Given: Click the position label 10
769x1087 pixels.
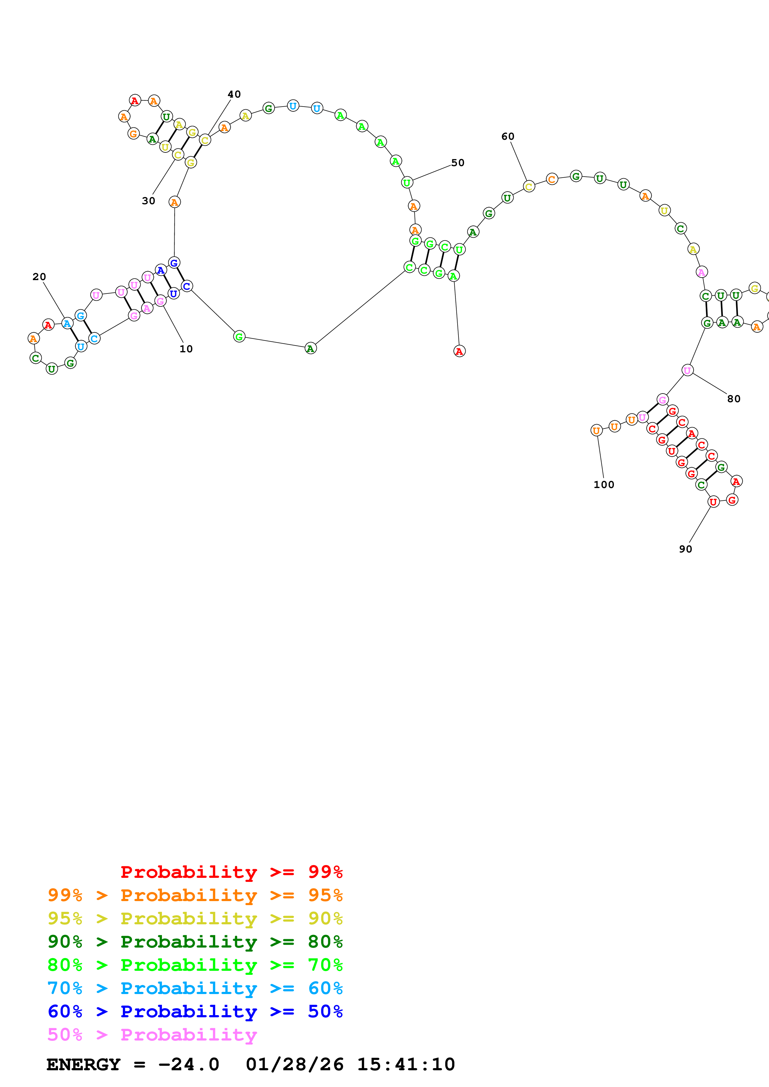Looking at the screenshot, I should [186, 349].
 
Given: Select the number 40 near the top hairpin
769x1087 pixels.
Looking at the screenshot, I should [234, 94].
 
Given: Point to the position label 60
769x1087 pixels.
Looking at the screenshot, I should [507, 136].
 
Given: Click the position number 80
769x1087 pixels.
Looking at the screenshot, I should [733, 398].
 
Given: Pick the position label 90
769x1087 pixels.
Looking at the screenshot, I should [685, 549].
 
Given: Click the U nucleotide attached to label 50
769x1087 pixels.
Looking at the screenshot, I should [407, 182].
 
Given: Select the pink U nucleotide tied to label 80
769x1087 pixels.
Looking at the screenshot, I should [687, 370].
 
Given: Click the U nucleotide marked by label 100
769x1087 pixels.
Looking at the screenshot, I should [596, 430].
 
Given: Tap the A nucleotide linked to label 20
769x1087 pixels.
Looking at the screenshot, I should [67, 324].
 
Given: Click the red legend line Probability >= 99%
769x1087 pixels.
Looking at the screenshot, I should [231, 872].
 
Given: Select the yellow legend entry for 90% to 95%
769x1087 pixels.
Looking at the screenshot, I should [195, 918].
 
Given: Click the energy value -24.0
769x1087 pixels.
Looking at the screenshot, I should [189, 1064].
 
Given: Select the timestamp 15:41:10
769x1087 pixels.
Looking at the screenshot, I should [405, 1064].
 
